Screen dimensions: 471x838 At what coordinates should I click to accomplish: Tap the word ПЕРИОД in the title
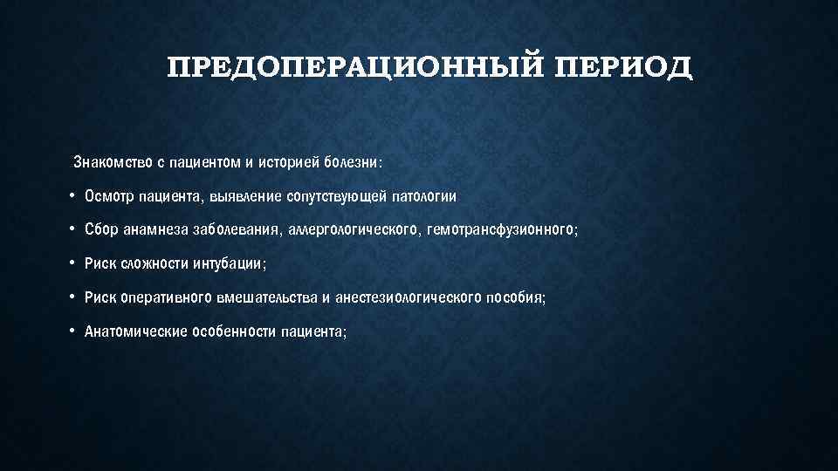pos(622,67)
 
